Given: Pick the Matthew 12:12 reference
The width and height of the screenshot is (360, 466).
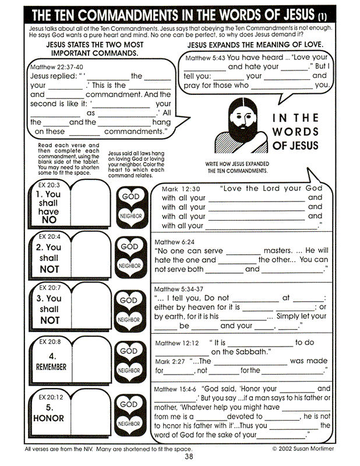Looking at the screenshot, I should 177,343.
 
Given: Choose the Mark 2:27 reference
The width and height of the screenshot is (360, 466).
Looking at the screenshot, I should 170,361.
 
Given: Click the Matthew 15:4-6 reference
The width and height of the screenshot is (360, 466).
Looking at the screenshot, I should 176,389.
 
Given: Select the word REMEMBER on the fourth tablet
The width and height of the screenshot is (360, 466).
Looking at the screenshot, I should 51,368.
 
